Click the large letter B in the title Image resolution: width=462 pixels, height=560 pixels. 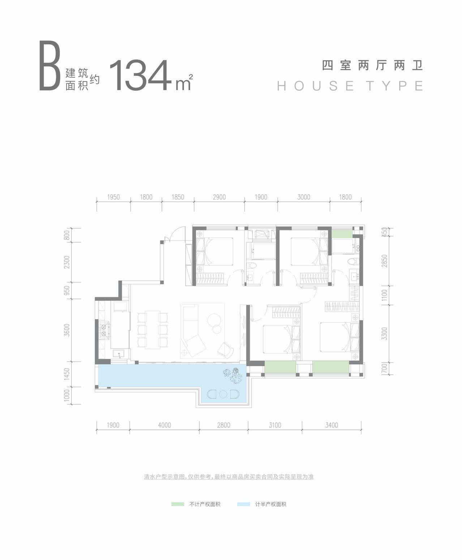pyautogui.click(x=50, y=65)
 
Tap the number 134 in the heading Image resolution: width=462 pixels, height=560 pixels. pyautogui.click(x=140, y=75)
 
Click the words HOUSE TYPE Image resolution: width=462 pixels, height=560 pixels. pyautogui.click(x=350, y=86)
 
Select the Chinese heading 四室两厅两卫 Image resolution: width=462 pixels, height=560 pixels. pyautogui.click(x=372, y=66)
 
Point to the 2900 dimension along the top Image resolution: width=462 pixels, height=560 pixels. pyautogui.click(x=219, y=198)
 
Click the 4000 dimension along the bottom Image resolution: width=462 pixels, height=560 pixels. pyautogui.click(x=164, y=425)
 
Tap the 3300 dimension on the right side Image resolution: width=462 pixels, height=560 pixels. pyautogui.click(x=385, y=334)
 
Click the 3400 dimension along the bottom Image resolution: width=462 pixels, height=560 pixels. pyautogui.click(x=331, y=425)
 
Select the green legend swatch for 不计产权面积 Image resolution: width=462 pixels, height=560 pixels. pyautogui.click(x=177, y=504)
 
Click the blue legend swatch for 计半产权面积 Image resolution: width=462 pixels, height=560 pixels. pyautogui.click(x=244, y=504)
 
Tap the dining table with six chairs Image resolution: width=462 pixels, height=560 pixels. pyautogui.click(x=153, y=330)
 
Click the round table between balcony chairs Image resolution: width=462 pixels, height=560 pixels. pyautogui.click(x=223, y=394)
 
